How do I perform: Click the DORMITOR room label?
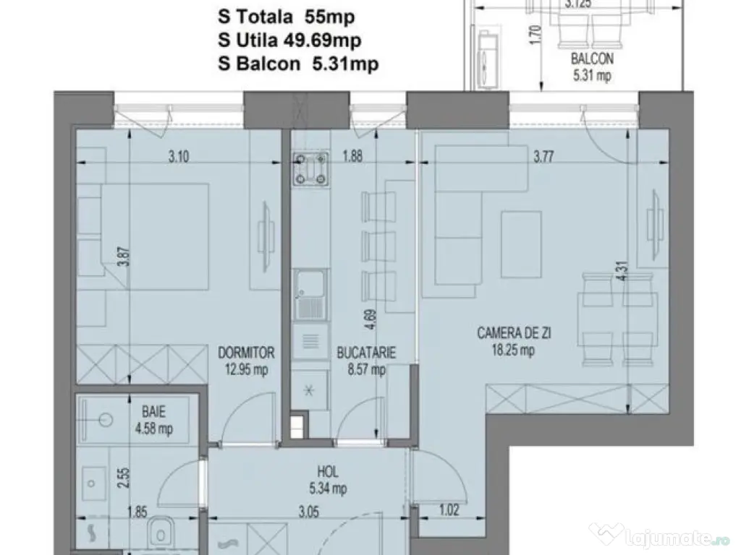[246, 353]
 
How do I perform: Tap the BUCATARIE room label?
[366, 353]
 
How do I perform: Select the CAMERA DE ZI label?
[514, 333]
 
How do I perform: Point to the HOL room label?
[328, 471]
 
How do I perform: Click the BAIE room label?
[153, 412]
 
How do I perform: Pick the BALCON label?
[592, 59]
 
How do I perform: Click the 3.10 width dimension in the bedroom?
[179, 156]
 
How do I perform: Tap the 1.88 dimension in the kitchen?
[352, 156]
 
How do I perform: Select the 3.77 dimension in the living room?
[543, 156]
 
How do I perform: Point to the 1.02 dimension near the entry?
[449, 509]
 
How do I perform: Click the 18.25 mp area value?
[513, 350]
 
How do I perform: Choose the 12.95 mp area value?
[246, 369]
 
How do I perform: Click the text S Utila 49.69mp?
[289, 40]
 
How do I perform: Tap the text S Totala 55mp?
[286, 17]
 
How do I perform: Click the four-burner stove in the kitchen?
[310, 168]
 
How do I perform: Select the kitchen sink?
[310, 295]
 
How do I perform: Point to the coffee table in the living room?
[521, 244]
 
